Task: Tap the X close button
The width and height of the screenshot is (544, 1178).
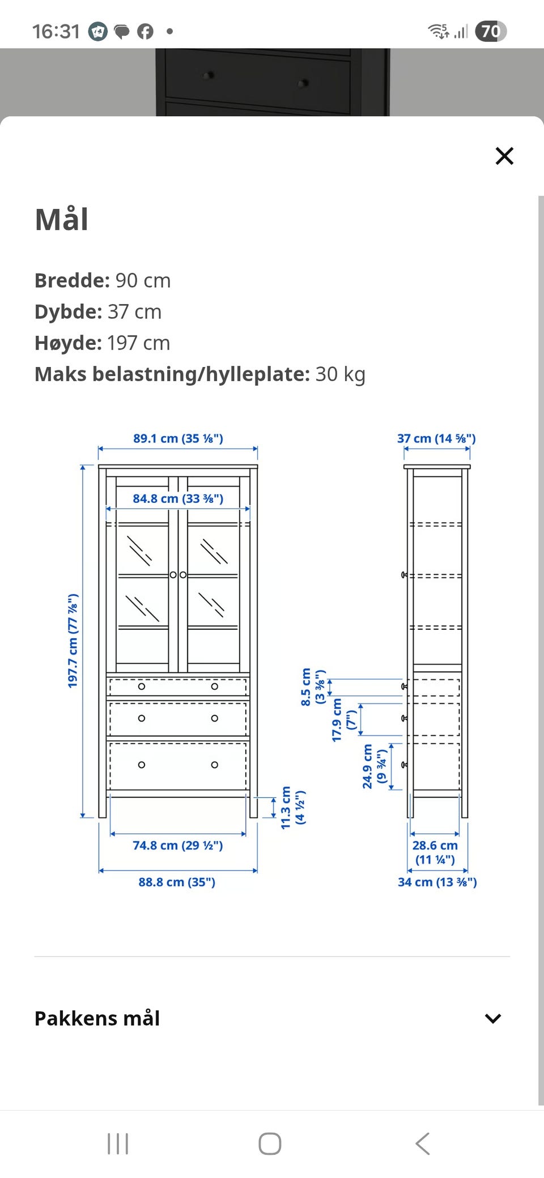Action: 504,156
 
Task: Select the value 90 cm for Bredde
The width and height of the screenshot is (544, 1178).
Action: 143,280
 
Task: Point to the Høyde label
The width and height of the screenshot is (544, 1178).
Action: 69,343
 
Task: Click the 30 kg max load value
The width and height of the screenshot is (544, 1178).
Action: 341,374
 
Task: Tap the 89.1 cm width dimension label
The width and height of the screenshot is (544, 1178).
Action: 178,438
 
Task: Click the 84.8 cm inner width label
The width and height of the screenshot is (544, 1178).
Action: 178,498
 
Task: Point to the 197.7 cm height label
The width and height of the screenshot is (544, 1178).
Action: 73,641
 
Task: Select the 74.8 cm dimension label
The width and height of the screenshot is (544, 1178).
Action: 178,845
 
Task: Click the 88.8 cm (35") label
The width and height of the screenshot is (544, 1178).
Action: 177,882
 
